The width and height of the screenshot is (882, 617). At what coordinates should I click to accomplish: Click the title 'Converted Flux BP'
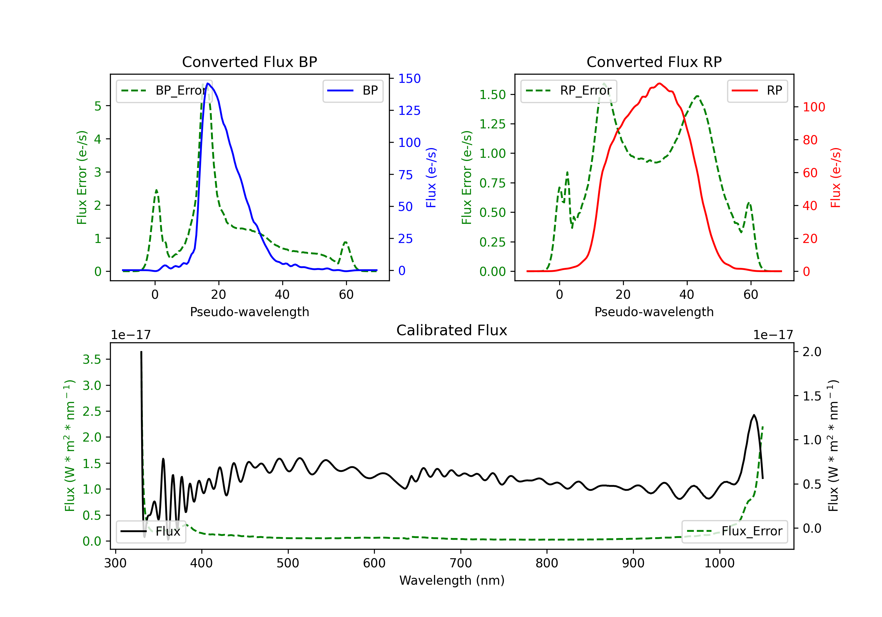tap(249, 62)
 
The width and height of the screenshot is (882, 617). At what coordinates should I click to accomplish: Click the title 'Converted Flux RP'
tap(654, 62)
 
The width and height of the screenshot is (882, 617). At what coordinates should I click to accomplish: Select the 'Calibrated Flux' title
tap(452, 330)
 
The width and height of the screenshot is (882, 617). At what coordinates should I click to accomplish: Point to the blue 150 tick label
tap(409, 79)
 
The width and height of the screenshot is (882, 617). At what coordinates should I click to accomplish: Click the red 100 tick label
tap(813, 107)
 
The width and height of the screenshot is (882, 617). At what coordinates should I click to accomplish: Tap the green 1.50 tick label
tap(492, 95)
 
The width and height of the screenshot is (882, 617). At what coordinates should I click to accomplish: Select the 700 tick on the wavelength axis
tap(460, 563)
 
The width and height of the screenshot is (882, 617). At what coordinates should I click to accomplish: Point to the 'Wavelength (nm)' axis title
tap(452, 580)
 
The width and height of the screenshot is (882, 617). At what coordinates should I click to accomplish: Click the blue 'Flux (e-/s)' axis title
tap(431, 177)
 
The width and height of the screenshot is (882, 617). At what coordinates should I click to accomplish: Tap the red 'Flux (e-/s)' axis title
tap(836, 177)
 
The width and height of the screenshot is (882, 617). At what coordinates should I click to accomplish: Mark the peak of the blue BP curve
tap(208, 83)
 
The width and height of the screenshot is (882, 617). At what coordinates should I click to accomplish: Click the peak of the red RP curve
tap(659, 83)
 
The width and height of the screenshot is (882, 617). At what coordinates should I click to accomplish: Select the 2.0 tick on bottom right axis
tap(812, 352)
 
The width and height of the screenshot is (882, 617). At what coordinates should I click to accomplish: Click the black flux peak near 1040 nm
tap(754, 415)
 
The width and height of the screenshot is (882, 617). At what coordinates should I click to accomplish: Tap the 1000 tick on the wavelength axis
tap(719, 563)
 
